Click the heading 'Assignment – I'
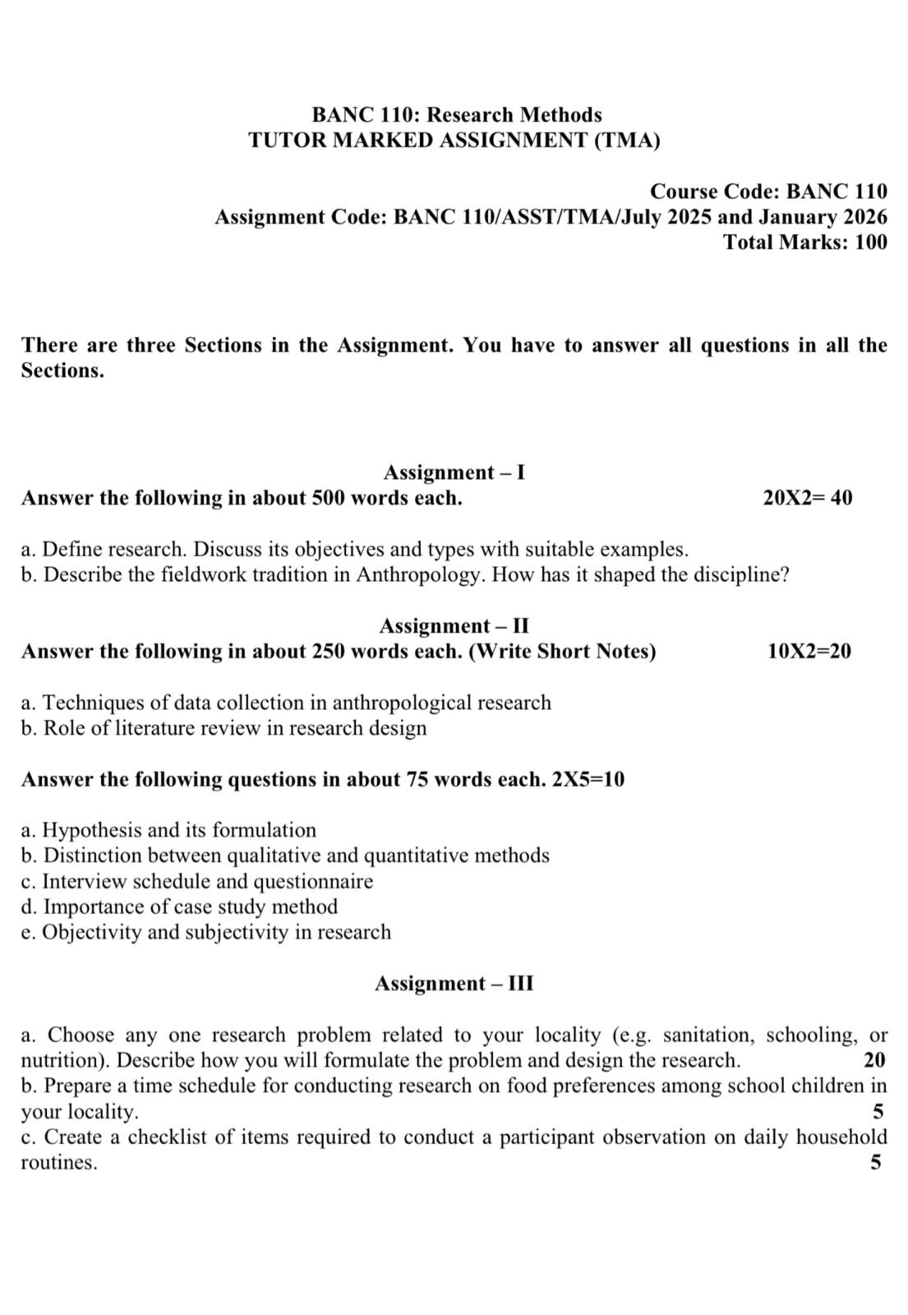454,473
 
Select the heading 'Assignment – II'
454,626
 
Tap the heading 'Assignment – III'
454,984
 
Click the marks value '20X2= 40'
807,498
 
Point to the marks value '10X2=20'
809,652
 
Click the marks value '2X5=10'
588,779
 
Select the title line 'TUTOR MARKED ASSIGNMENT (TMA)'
454,141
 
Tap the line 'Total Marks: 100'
804,242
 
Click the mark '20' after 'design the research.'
874,1060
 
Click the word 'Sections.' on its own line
62,371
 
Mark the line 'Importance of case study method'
190,907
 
